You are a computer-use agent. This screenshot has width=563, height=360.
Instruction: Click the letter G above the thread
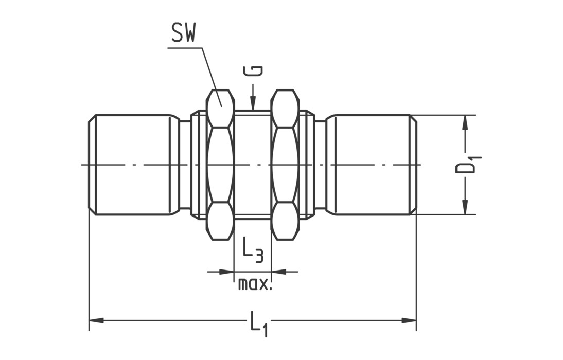click(x=253, y=70)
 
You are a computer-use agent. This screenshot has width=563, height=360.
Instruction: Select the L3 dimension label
click(x=253, y=249)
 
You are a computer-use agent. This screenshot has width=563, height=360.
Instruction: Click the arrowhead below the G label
click(x=253, y=103)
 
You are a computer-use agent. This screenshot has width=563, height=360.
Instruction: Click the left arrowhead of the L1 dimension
click(x=96, y=320)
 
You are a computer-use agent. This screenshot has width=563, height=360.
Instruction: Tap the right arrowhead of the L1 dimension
click(x=409, y=320)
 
